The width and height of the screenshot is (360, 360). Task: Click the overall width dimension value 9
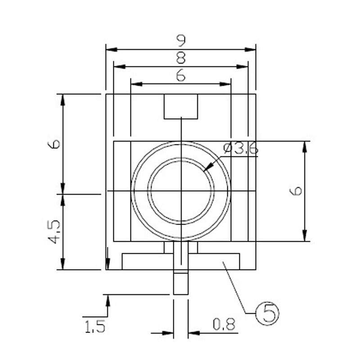point(181,41)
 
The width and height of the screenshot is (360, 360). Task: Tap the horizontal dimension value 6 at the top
point(181,76)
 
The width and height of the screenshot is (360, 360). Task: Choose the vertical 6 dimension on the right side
point(296,191)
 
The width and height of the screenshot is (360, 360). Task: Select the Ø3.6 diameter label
point(241,149)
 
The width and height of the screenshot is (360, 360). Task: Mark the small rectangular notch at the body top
point(181,106)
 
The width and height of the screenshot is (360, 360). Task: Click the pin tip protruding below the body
point(181,283)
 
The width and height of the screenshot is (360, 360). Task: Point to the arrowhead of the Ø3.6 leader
point(207,168)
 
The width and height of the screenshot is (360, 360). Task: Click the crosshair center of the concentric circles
point(181,192)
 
